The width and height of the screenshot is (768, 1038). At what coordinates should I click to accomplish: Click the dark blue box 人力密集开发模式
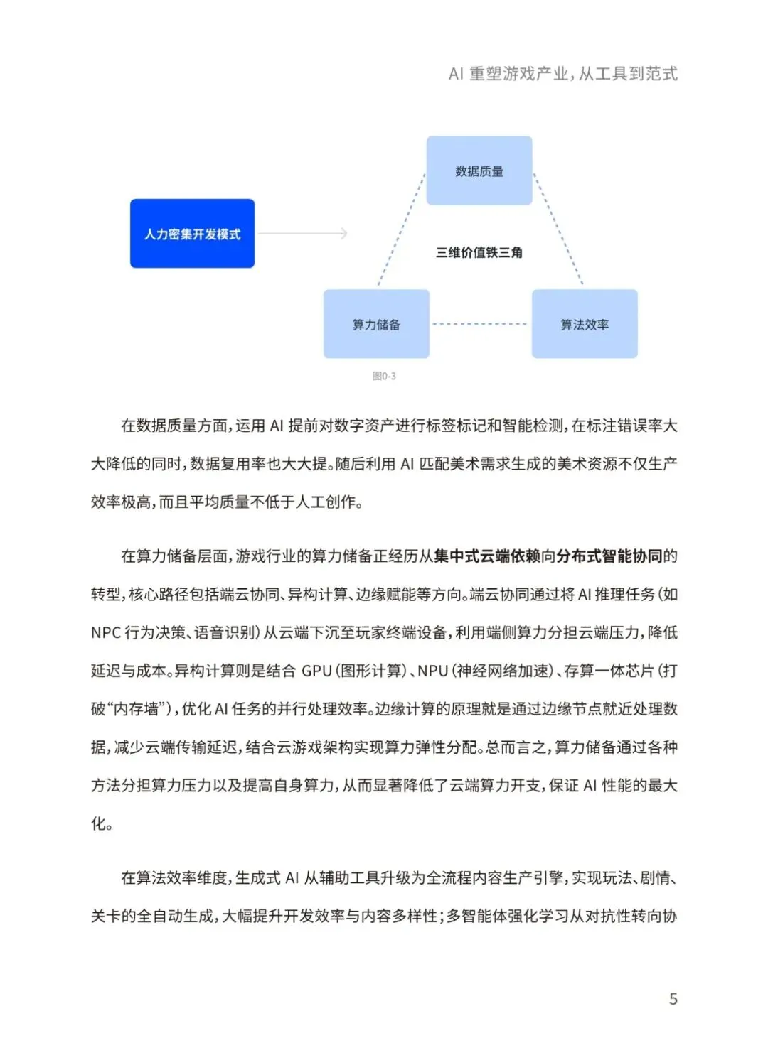(192, 234)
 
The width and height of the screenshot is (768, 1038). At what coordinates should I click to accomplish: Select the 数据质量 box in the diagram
(479, 171)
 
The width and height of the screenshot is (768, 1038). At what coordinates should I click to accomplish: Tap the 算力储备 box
(376, 325)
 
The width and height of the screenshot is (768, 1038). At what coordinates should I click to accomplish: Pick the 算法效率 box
(585, 325)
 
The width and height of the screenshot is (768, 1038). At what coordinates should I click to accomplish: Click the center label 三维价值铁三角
(479, 252)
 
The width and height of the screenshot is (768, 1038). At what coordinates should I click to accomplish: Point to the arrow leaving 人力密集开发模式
(302, 233)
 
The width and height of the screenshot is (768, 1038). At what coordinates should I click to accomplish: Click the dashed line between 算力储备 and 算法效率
(480, 324)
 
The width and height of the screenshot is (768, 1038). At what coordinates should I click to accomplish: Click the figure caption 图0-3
(384, 376)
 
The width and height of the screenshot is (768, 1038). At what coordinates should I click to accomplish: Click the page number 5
(673, 999)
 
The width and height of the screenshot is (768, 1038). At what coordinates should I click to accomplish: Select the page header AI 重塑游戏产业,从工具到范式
(563, 74)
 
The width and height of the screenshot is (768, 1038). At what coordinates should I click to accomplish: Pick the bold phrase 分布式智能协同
(609, 556)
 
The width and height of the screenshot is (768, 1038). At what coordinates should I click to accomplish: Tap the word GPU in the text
(316, 671)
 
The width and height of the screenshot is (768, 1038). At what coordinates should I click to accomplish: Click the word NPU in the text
(432, 671)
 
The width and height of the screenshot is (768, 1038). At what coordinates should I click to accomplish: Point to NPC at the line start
(105, 633)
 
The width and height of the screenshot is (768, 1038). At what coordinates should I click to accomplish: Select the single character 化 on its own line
(98, 824)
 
